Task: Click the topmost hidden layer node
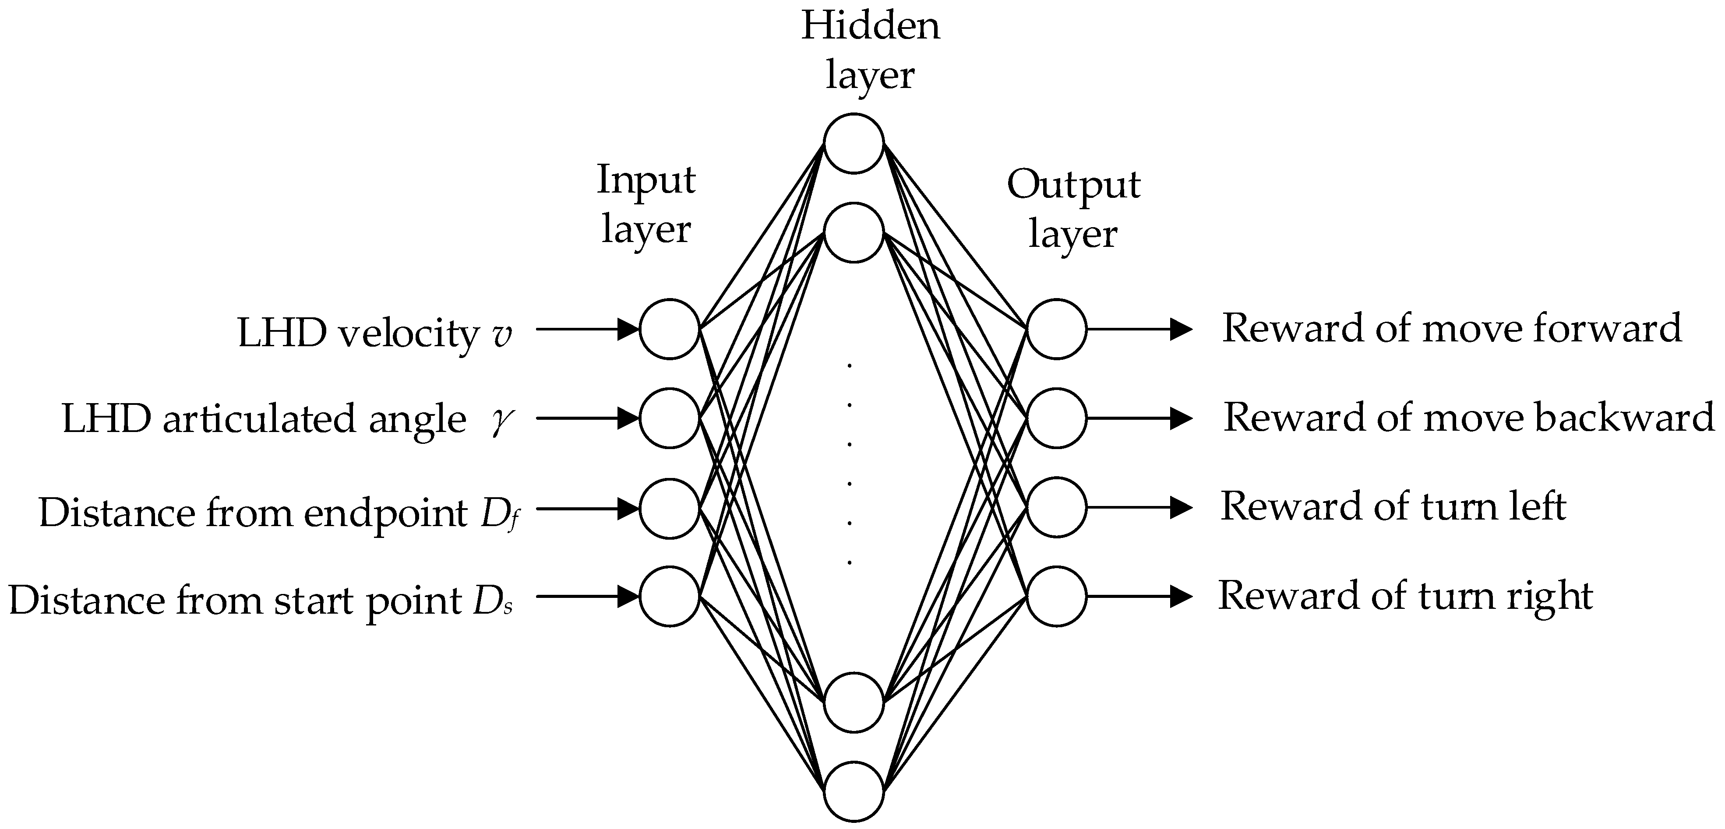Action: click(854, 143)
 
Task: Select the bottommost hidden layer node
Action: click(854, 791)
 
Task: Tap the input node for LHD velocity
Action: click(670, 329)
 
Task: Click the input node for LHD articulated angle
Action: click(670, 418)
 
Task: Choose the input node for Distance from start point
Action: click(670, 596)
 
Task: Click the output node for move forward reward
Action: click(1057, 329)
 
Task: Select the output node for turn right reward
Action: click(1057, 596)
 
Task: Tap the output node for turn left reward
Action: click(1057, 507)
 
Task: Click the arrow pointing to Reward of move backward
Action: click(1138, 418)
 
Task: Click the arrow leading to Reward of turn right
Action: click(1138, 596)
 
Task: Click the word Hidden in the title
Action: click(871, 27)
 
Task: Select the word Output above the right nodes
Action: click(1073, 185)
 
